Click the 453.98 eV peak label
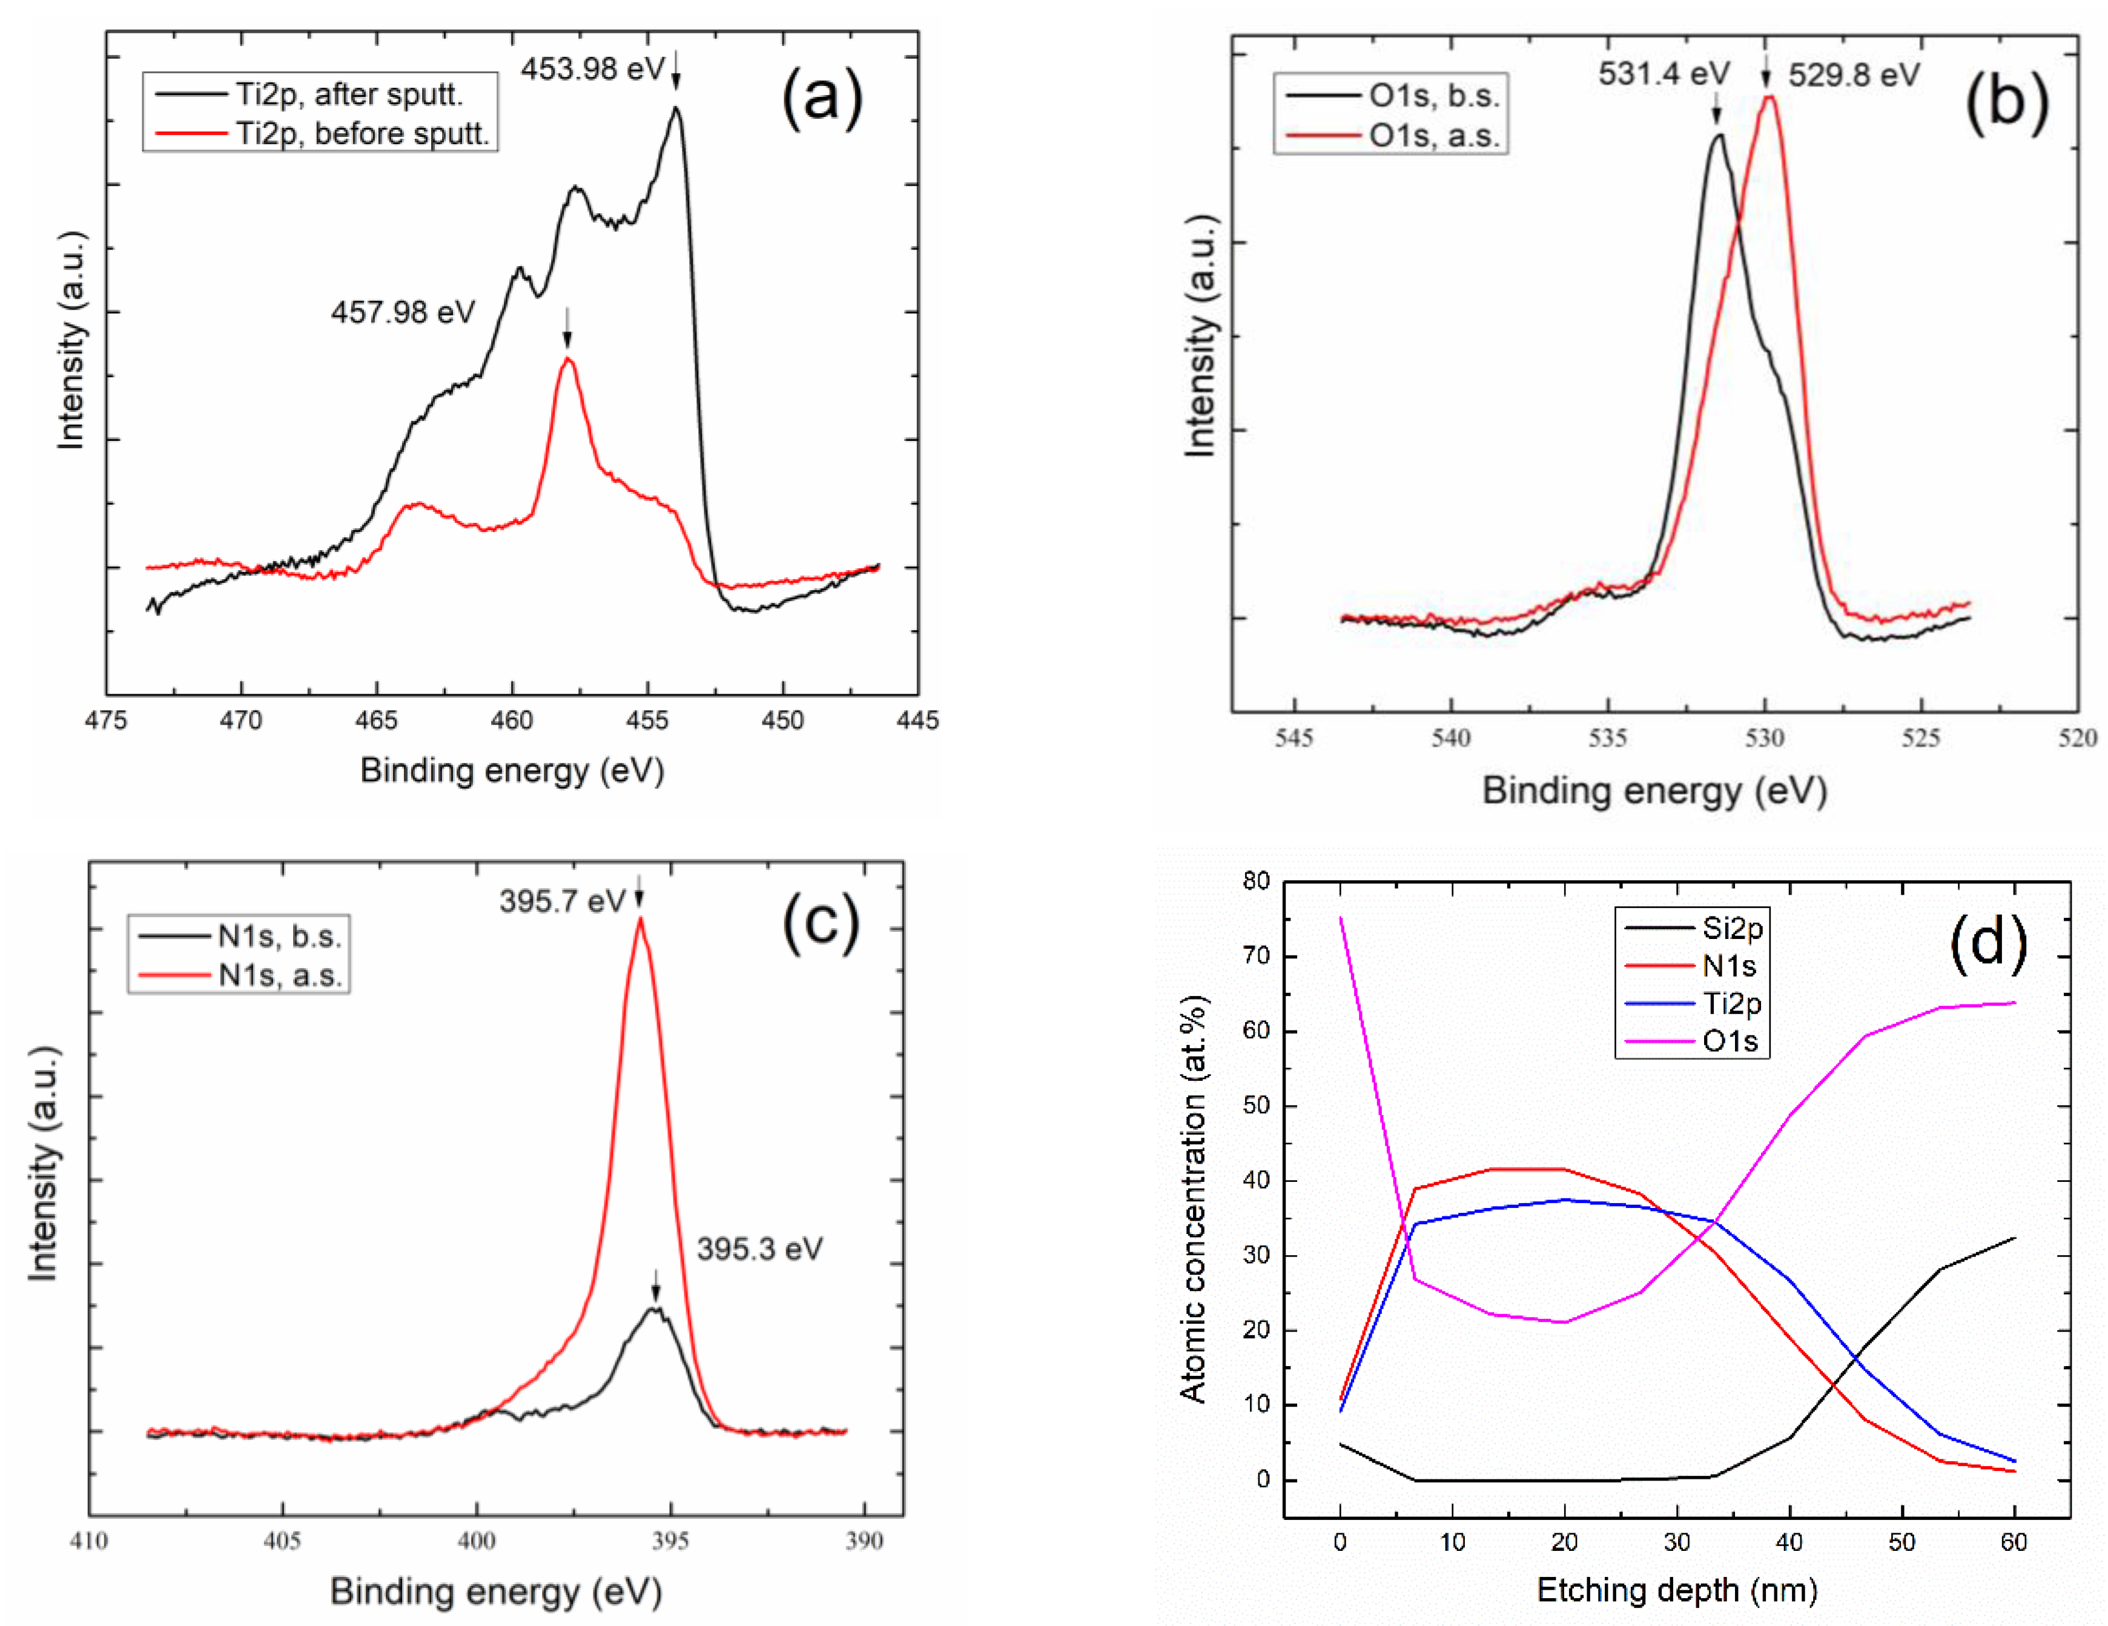593,68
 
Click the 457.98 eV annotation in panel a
403,312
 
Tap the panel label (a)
821,96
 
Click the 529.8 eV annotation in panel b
1853,75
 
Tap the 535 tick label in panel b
1607,738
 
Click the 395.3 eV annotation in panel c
759,1249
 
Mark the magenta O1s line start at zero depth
1341,918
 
